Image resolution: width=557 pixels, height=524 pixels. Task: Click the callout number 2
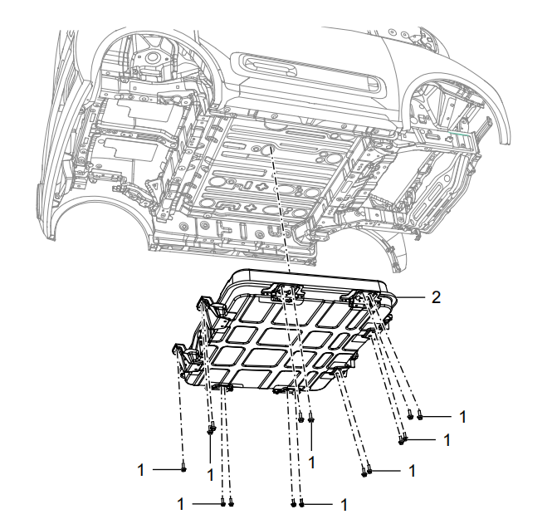436,297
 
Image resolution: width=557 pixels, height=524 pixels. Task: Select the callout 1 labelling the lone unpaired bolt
141,470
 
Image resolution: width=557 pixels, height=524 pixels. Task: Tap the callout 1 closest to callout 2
462,417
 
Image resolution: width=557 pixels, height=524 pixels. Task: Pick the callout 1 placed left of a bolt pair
181,504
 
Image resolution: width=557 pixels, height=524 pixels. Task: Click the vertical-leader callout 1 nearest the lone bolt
210,475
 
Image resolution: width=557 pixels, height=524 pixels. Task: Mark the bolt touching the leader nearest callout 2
420,414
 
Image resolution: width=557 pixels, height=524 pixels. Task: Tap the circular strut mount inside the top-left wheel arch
153,57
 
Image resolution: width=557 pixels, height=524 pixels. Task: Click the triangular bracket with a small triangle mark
155,187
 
